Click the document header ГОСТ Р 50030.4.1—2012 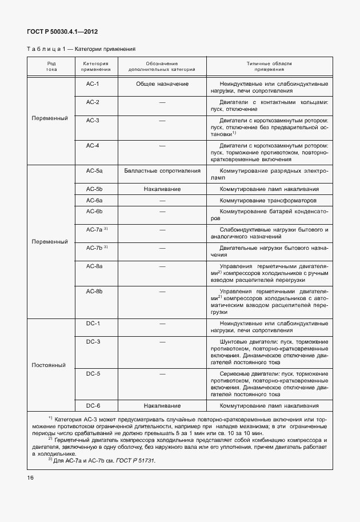[x=59, y=32]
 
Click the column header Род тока [x=51, y=66]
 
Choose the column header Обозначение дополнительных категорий [x=162, y=66]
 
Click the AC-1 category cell [x=93, y=84]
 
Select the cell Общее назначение [x=162, y=84]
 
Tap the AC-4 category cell [x=93, y=146]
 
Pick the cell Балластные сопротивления [x=162, y=171]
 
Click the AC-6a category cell [x=94, y=201]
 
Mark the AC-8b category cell [x=94, y=291]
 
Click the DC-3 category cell [x=93, y=341]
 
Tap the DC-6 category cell [x=93, y=405]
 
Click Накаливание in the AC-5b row [x=162, y=189]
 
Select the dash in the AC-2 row [x=162, y=102]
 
